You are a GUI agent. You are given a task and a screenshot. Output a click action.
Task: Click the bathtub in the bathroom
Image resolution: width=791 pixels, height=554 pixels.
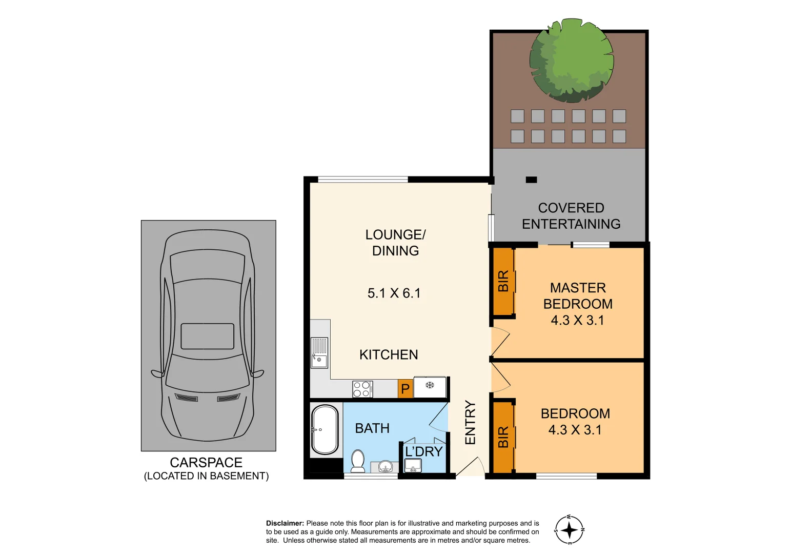325,430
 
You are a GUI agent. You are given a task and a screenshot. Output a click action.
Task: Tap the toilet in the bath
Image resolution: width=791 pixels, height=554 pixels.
358,461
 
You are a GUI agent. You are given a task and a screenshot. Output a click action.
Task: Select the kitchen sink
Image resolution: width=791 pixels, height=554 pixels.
319,353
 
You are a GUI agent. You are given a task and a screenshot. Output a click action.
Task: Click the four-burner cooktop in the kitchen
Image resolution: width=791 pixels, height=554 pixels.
362,389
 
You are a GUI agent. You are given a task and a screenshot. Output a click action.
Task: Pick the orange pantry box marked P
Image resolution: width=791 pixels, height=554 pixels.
405,389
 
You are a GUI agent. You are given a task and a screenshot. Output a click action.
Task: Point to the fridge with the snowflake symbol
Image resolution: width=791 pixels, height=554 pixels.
430,387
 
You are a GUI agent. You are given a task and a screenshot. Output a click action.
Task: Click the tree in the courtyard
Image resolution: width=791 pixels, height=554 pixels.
571,61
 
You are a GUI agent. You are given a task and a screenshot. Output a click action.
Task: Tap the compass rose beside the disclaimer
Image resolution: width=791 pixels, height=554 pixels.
569,530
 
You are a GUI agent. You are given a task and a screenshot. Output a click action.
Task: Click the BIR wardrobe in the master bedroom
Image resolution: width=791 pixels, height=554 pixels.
503,281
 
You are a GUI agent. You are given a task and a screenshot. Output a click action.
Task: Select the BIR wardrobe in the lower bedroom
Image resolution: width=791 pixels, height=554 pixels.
503,437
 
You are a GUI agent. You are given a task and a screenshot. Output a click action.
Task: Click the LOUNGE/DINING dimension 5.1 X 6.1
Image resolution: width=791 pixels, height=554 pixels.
394,293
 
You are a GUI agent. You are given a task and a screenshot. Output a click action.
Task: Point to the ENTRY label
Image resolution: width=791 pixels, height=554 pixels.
470,423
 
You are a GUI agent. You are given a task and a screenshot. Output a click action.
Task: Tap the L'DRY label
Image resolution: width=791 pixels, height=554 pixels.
423,451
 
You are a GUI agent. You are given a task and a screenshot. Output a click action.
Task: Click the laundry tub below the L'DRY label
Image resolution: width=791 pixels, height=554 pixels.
413,466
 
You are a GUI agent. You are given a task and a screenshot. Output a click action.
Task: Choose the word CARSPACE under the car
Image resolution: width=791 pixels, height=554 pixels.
206,462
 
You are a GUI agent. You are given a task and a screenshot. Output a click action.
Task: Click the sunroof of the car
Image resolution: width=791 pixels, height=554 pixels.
208,336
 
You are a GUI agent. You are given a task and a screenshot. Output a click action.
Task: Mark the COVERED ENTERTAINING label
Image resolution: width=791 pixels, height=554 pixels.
571,216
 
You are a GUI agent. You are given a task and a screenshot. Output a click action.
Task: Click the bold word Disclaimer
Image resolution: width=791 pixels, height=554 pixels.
285,523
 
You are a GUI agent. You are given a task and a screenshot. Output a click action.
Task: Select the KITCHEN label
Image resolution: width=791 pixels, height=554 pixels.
389,354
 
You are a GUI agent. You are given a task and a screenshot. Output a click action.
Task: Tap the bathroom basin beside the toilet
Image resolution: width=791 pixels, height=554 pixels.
385,466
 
